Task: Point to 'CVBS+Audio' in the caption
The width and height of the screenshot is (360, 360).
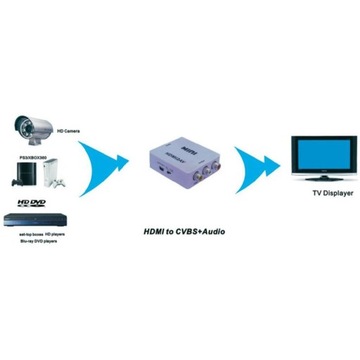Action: [x=197, y=232]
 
